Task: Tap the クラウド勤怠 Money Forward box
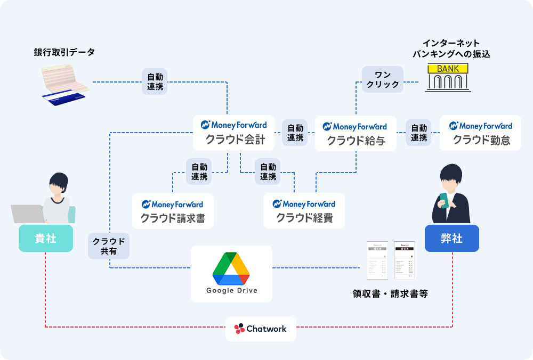pos(480,133)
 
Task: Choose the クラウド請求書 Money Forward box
pos(173,211)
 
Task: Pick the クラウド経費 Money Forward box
pos(304,211)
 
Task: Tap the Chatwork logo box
pos(261,329)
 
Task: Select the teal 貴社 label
pos(45,238)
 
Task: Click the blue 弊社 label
pos(451,238)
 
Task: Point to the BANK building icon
pos(448,77)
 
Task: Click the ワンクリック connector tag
pos(383,79)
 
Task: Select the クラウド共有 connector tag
pos(109,246)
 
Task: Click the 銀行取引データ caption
pos(64,52)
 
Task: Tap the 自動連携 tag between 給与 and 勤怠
pos(418,133)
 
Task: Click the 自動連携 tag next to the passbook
pos(155,81)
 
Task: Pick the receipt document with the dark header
pos(404,260)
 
